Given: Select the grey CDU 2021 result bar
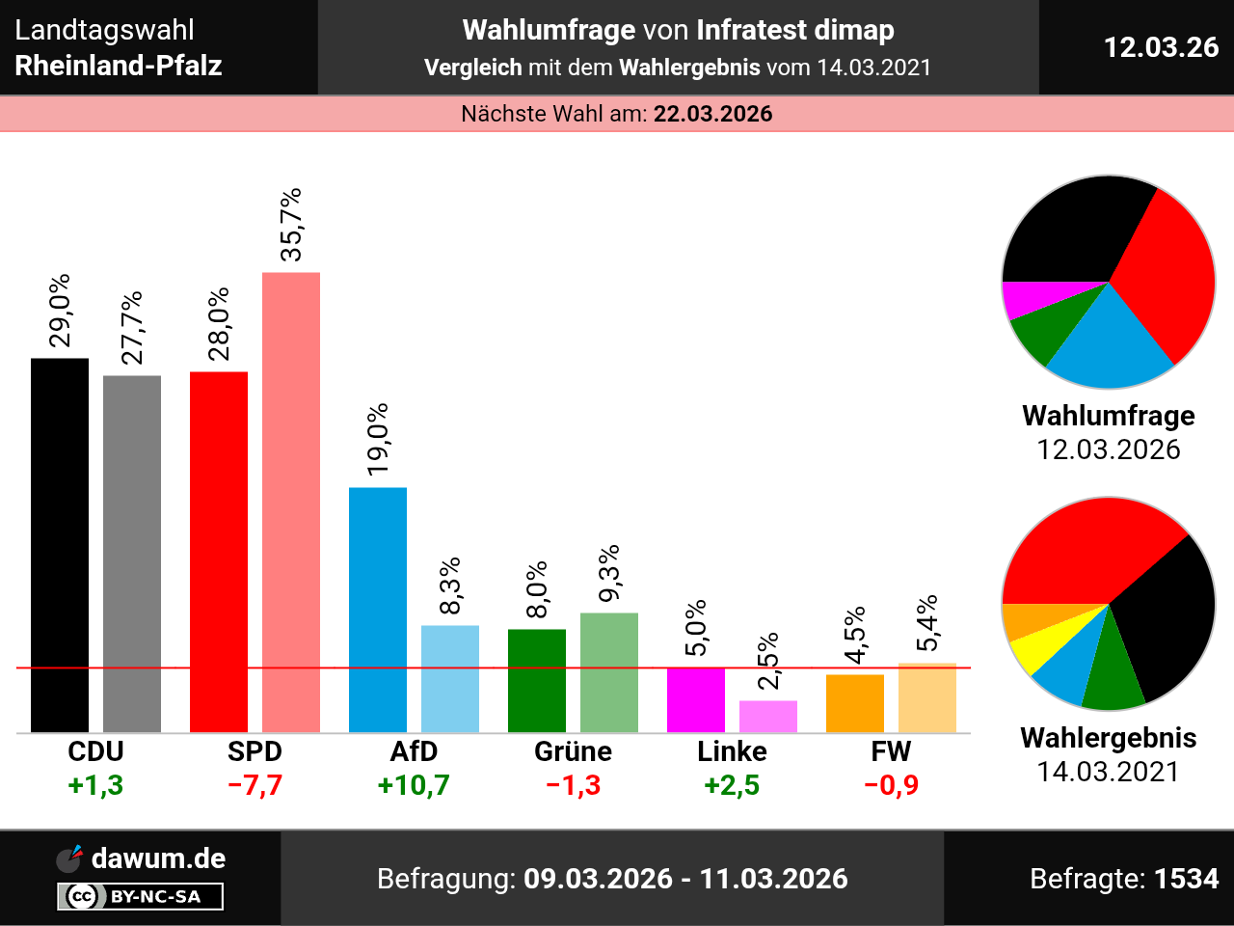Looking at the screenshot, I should (132, 554).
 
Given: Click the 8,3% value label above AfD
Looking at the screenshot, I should (449, 586).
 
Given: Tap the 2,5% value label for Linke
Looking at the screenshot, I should (767, 661).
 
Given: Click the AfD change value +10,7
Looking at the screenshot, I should (414, 785).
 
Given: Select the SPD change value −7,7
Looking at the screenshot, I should (255, 785).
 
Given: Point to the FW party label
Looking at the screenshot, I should (891, 751).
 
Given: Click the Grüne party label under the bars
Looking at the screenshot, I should (573, 751).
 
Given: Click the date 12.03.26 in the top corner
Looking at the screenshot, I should (1161, 47).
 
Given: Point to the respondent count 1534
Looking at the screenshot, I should (1187, 879).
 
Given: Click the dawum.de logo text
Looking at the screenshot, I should (158, 858).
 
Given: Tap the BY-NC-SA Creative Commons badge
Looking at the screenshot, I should (141, 897).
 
